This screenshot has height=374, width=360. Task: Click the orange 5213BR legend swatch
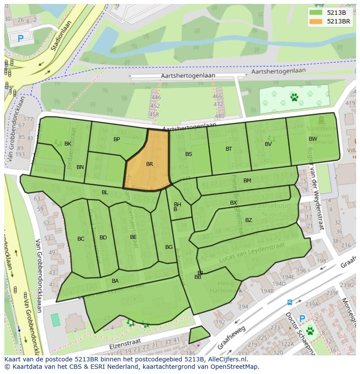pos(317,21)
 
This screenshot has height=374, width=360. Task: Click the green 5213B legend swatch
pos(317,12)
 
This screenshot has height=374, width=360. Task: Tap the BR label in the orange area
pos(150,164)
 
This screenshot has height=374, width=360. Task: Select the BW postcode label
pos(313,139)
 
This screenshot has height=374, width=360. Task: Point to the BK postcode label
pos(68,144)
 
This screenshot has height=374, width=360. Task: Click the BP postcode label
pos(117,139)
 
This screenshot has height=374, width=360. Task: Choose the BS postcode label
pos(189,154)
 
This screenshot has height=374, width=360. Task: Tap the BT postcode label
pos(229,149)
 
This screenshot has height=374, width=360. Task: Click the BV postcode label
pos(268,144)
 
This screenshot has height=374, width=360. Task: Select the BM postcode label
pos(247,181)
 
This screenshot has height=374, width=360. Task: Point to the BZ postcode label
pos(249,220)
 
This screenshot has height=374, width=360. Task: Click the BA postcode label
pos(115,281)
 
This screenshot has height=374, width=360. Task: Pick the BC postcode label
pos(81,239)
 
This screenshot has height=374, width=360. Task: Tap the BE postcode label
pos(133,237)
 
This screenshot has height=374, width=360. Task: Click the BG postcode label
pos(169,247)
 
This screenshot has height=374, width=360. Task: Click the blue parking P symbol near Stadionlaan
pos(20,39)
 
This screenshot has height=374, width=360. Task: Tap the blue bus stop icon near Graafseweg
pos(290,302)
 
